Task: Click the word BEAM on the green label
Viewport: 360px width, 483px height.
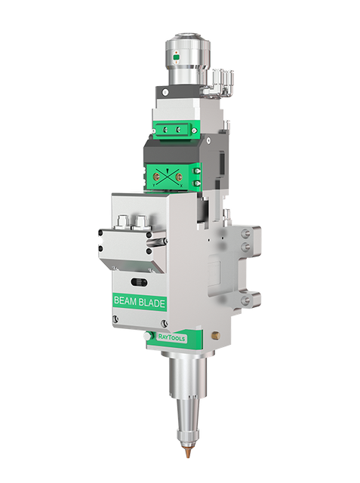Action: (126, 301)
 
